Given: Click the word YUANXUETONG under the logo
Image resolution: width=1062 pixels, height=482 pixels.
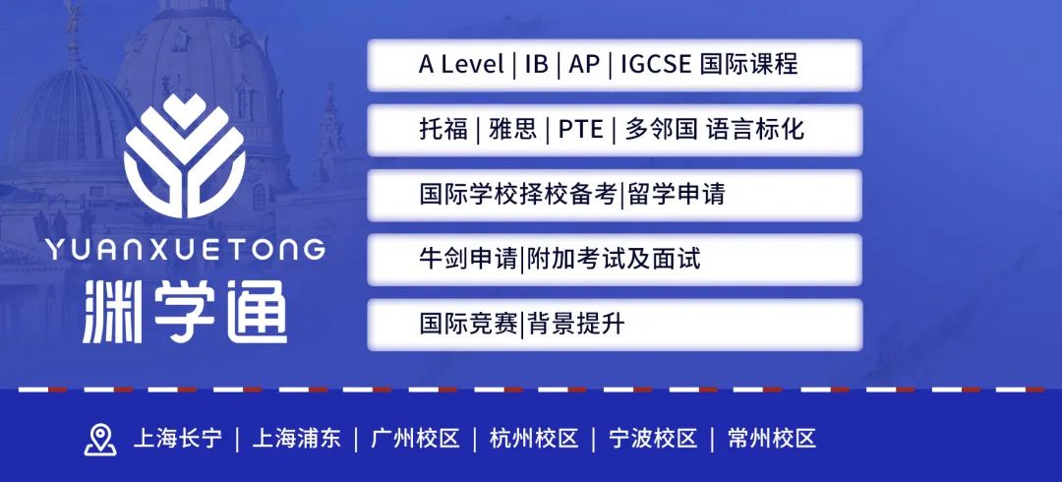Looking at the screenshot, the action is [x=185, y=250].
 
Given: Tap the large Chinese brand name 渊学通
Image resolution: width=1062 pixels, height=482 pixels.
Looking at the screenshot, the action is [x=185, y=311].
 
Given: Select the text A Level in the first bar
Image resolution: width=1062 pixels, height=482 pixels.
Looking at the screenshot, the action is [x=461, y=64].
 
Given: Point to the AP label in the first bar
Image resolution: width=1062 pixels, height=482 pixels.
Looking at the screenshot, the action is [x=584, y=64].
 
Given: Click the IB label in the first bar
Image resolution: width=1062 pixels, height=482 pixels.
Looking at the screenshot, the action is [x=537, y=64].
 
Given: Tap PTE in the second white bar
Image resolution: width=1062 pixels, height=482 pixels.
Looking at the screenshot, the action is [x=580, y=130].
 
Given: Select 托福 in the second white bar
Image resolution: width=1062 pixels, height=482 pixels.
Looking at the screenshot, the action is [x=443, y=130].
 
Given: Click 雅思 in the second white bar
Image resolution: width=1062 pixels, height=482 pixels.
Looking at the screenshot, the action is [x=512, y=130].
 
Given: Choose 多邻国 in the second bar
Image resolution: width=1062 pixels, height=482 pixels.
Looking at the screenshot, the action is [x=661, y=130].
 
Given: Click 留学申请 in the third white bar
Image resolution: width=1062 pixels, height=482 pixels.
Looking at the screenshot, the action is [x=676, y=195].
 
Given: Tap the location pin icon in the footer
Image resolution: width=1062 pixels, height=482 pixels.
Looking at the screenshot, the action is [x=100, y=440].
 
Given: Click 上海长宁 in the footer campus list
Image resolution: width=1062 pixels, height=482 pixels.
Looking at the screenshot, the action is [x=177, y=439].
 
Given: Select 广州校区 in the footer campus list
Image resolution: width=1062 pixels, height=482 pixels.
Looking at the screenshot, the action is [x=415, y=439].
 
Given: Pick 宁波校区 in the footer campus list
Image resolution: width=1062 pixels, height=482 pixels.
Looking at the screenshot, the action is [x=653, y=439].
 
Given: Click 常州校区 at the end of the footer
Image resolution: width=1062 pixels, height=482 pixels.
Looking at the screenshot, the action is [x=772, y=439].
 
